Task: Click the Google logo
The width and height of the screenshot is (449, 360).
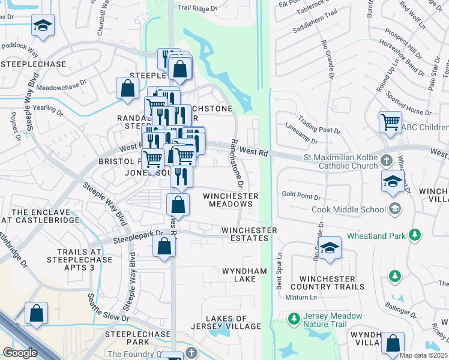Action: (x=20, y=353)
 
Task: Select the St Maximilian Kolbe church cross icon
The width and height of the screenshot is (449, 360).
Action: (x=387, y=161)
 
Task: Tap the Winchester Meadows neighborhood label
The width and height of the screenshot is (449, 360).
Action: (x=231, y=200)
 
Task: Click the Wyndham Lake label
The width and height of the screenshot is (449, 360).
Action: (x=244, y=275)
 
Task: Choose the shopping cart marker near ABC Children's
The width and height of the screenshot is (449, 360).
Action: (x=391, y=122)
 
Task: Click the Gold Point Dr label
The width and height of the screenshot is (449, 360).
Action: (x=301, y=196)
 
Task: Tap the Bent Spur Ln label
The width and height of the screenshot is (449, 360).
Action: (x=279, y=263)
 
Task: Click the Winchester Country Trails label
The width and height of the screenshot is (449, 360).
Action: (x=332, y=283)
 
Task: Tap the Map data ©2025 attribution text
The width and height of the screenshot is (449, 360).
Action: (x=423, y=355)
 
